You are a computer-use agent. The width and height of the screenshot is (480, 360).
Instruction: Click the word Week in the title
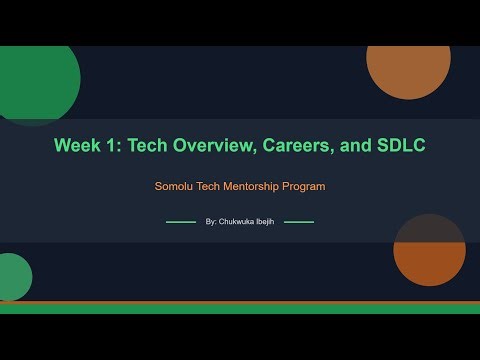pos(77,146)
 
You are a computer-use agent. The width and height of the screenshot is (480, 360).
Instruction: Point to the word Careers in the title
pos(302,146)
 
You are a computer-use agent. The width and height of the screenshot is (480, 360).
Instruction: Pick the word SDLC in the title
pos(400,146)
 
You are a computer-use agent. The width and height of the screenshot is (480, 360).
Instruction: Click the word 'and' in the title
pos(355,146)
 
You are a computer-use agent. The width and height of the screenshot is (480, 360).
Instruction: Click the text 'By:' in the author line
pos(210,222)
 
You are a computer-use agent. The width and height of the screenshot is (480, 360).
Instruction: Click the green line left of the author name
pos(180,222)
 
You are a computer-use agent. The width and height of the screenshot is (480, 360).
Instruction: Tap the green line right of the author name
pos(299,222)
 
